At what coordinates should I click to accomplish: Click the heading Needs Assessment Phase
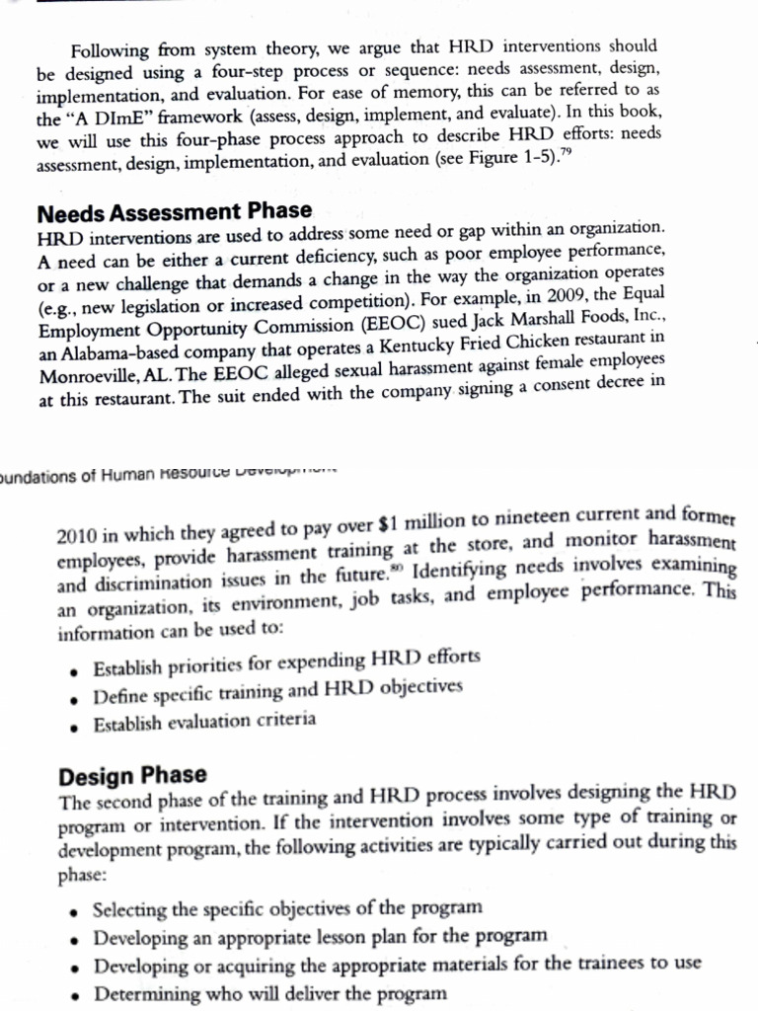point(174,211)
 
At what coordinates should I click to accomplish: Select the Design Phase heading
point(132,774)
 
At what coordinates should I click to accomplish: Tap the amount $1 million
point(377,527)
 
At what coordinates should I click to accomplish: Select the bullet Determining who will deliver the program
point(270,992)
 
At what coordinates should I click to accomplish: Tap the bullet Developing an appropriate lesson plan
point(317,933)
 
